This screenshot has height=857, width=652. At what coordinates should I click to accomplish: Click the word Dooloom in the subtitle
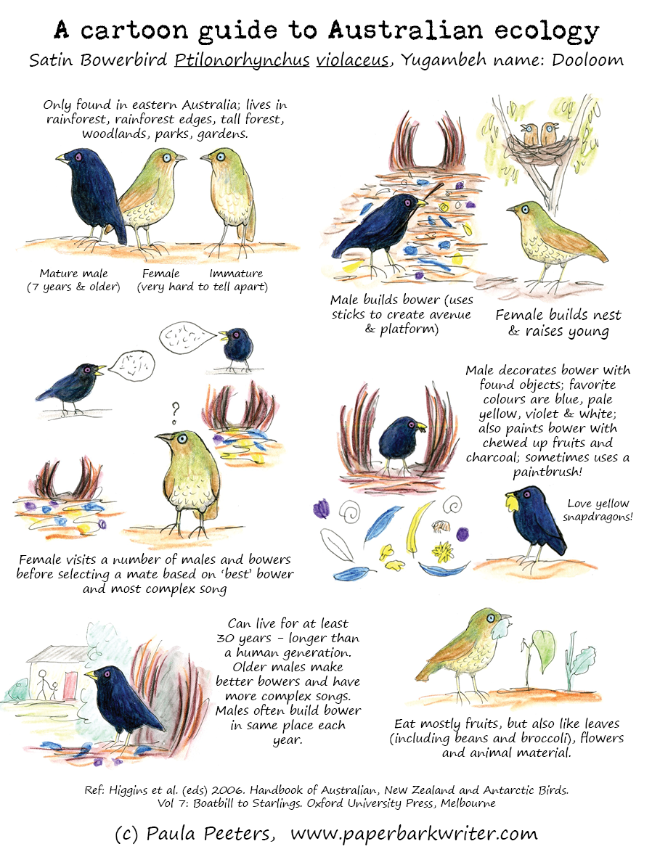click(x=587, y=60)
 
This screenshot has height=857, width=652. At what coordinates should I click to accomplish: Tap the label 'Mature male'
click(x=73, y=274)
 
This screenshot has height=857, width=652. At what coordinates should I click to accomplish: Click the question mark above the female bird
click(x=175, y=413)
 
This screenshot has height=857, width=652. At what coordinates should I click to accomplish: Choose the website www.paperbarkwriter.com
click(x=414, y=834)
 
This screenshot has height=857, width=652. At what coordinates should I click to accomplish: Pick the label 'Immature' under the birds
click(x=236, y=274)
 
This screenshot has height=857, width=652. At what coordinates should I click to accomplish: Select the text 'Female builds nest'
click(x=558, y=316)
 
